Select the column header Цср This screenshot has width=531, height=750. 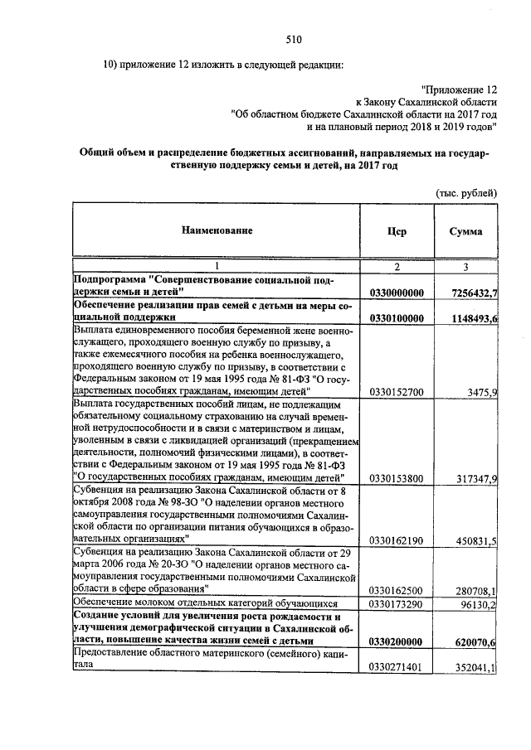397,231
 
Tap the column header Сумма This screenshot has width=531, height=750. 465,231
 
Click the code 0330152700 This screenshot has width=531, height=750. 397,392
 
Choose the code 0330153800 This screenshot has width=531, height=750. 397,478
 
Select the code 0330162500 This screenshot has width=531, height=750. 397,590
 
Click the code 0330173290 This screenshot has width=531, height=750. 397,605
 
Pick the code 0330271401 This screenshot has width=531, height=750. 397,667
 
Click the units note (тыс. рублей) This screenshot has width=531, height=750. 466,192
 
